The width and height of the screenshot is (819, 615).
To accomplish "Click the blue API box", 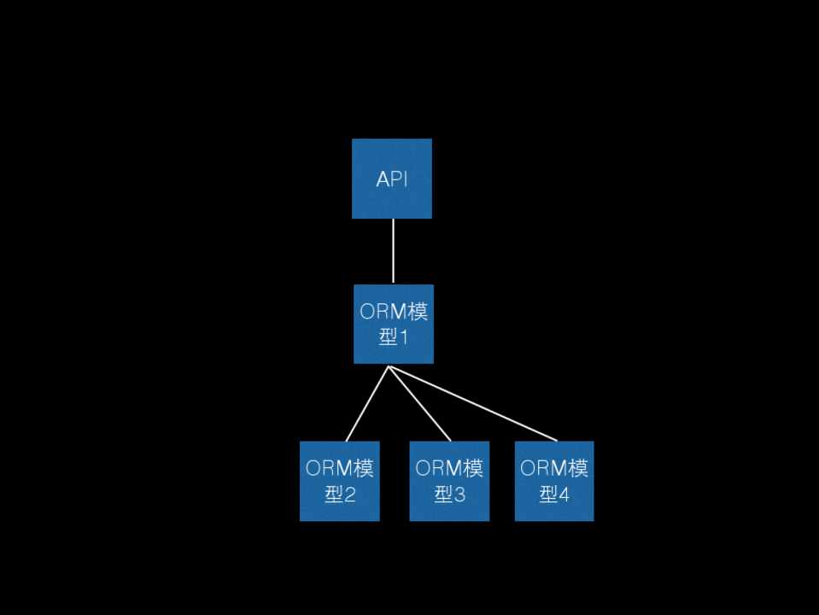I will pyautogui.click(x=392, y=179).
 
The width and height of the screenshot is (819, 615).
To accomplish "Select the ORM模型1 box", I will pyautogui.click(x=394, y=324).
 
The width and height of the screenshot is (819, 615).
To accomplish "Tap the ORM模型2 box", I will pyautogui.click(x=339, y=481).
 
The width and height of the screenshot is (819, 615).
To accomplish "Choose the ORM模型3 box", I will pyautogui.click(x=449, y=481).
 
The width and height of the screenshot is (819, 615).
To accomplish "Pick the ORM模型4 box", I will pyautogui.click(x=554, y=481).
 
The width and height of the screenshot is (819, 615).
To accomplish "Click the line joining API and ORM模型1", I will pyautogui.click(x=393, y=251).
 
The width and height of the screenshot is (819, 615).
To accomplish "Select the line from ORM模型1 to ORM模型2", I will pyautogui.click(x=367, y=403).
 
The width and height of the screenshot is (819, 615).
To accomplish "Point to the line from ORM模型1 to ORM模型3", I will pyautogui.click(x=419, y=403).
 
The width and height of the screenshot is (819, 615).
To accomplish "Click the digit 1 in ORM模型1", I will pyautogui.click(x=404, y=337).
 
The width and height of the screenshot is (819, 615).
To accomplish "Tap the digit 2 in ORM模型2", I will pyautogui.click(x=349, y=495).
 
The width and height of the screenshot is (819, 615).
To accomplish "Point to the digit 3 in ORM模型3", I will pyautogui.click(x=459, y=495).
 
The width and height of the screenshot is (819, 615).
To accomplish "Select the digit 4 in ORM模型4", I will pyautogui.click(x=564, y=495).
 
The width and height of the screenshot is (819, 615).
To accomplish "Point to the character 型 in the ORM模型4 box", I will pyautogui.click(x=548, y=495).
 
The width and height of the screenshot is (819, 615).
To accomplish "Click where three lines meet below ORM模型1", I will pyautogui.click(x=389, y=367).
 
